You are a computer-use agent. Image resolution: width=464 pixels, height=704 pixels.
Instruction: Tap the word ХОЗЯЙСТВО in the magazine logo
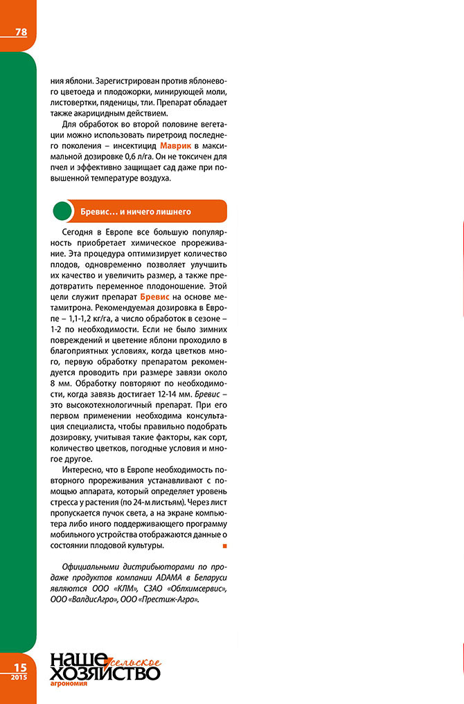click(104, 672)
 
